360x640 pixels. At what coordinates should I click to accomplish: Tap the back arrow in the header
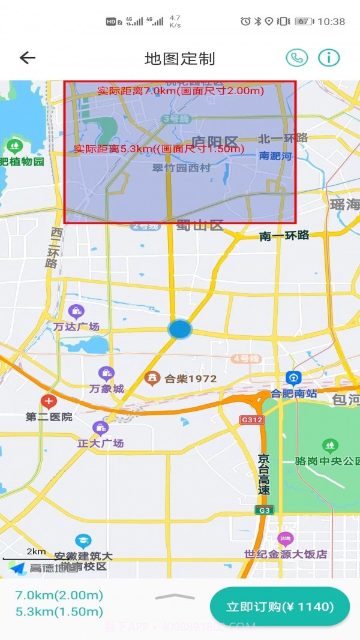coord(28,58)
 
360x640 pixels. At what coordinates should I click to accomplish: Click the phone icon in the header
coord(296,58)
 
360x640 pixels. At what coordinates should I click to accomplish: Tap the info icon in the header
coord(329,58)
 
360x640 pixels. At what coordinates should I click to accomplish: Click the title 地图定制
coord(179,59)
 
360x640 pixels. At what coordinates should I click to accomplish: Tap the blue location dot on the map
coord(179,329)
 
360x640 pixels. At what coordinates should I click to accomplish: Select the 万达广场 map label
coord(76,327)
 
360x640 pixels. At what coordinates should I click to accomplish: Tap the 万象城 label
coord(107,389)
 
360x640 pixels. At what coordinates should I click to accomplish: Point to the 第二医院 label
coord(49,416)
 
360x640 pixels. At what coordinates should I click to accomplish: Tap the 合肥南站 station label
coord(294,393)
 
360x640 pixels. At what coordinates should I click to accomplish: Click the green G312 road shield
coord(251,420)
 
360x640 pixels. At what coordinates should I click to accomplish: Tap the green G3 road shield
coord(263,510)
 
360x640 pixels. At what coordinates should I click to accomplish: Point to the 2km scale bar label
coord(36,552)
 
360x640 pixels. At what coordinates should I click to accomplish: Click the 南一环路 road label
coord(284,236)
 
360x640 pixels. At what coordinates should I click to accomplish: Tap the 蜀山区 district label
coord(200,226)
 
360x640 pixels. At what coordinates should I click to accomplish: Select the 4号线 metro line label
coord(246,359)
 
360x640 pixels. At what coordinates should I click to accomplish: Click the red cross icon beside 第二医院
coord(49,401)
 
